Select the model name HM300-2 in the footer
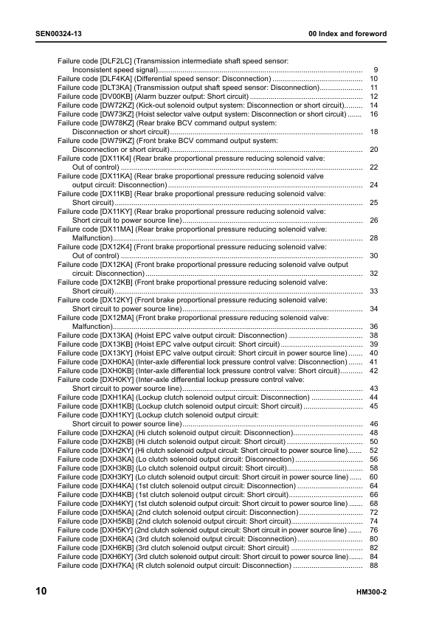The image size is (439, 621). tap(371, 593)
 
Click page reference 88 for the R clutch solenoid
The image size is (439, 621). tap(373, 565)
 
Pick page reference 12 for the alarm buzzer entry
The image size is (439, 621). tap(373, 97)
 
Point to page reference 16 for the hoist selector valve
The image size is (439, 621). tap(373, 115)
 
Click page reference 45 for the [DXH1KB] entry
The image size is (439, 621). tap(373, 406)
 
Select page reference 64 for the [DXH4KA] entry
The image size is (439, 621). tap(373, 485)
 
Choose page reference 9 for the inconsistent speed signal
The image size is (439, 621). tap(376, 69)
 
